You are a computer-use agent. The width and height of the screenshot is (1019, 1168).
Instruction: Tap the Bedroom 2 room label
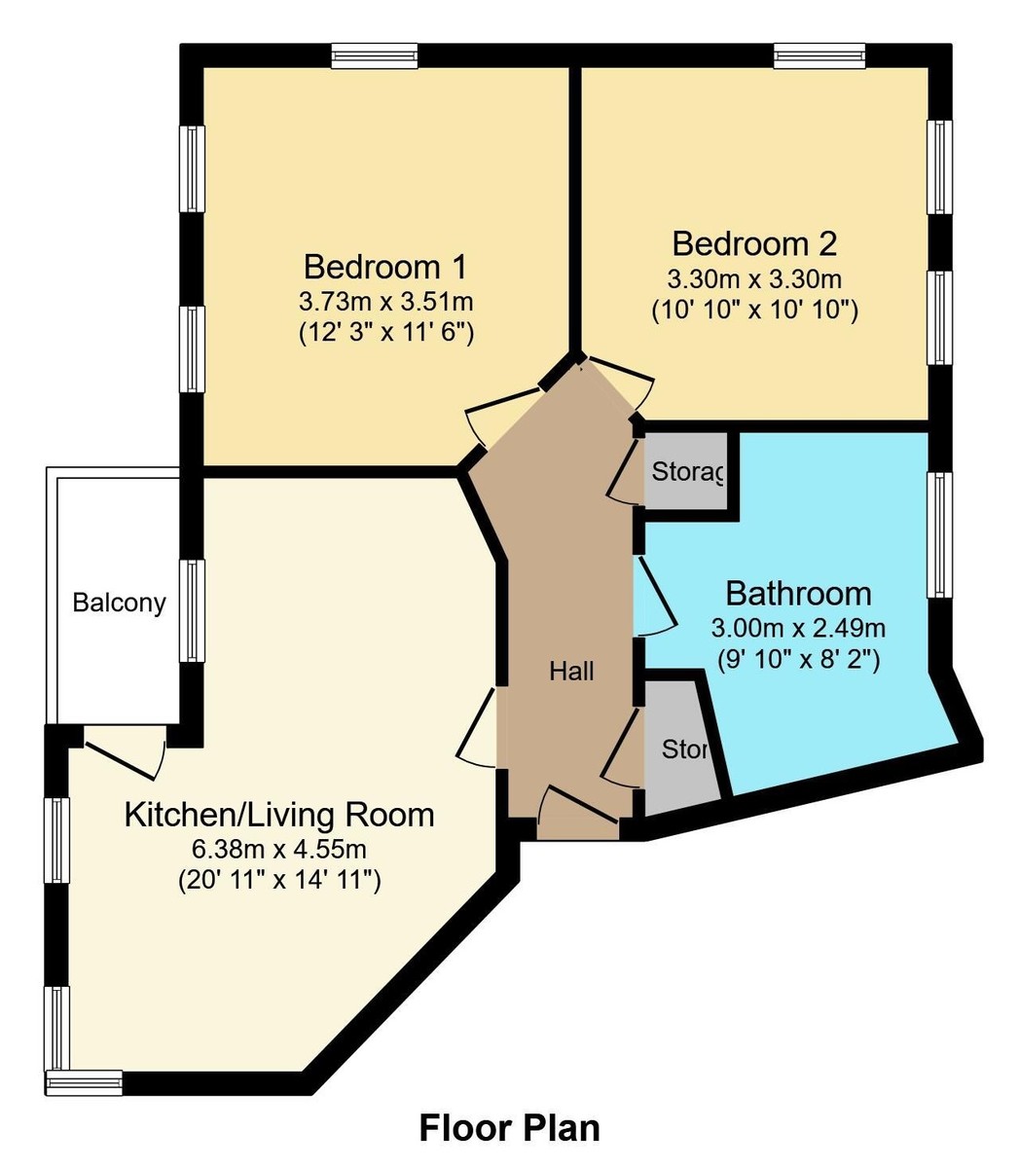coord(754,242)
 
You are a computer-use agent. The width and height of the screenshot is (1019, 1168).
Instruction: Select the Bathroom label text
coord(798,593)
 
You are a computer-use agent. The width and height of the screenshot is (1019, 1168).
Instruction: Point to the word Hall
coord(571,671)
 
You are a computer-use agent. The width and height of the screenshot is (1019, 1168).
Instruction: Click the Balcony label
coord(119,603)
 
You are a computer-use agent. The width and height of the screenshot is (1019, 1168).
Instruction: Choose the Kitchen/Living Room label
coord(278,814)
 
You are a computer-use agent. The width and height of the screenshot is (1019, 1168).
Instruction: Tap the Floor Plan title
coord(509,1128)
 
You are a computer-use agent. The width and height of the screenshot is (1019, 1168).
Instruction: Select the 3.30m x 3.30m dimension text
coord(754,280)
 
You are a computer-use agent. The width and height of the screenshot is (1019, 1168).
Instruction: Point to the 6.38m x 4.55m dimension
coord(278,849)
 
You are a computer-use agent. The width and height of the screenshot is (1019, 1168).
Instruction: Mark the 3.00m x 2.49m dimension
coord(798,627)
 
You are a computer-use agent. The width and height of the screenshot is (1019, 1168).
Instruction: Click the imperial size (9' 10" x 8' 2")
coord(798,659)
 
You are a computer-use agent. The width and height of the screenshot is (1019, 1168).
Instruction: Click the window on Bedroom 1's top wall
coord(375,56)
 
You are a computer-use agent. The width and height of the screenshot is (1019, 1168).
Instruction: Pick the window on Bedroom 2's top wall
coord(819,56)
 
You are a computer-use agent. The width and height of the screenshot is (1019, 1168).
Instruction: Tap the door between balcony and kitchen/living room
coord(125,752)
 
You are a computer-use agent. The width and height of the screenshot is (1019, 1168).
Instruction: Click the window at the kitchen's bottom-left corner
coord(86,1081)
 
